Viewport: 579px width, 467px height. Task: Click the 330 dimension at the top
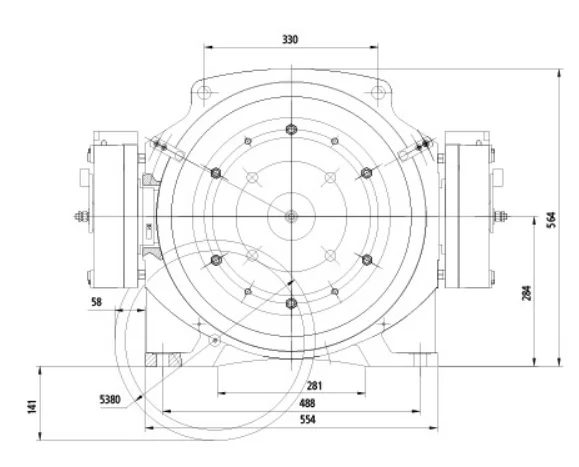(x=290, y=39)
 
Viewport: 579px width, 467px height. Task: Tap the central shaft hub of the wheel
(x=290, y=216)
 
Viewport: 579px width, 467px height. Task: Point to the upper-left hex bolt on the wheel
(x=214, y=172)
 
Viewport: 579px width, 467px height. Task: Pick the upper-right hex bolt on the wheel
(x=366, y=172)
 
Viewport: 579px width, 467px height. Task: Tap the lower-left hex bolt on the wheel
(x=214, y=260)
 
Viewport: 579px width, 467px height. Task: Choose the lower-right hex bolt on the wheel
(x=366, y=260)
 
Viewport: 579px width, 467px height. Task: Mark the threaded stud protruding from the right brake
(x=502, y=214)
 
